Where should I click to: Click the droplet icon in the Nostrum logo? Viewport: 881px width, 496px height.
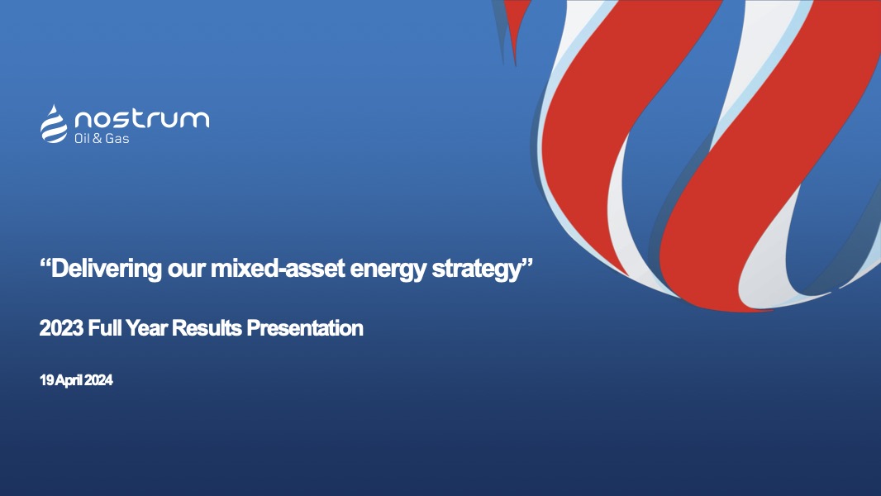(x=54, y=123)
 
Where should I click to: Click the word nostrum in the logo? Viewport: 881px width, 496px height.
(x=141, y=119)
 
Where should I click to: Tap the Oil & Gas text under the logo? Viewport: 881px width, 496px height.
(x=102, y=138)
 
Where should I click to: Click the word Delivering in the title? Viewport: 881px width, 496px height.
(x=102, y=269)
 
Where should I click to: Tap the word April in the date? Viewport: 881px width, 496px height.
(x=69, y=381)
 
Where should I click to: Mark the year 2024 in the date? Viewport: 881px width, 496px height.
(x=98, y=381)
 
